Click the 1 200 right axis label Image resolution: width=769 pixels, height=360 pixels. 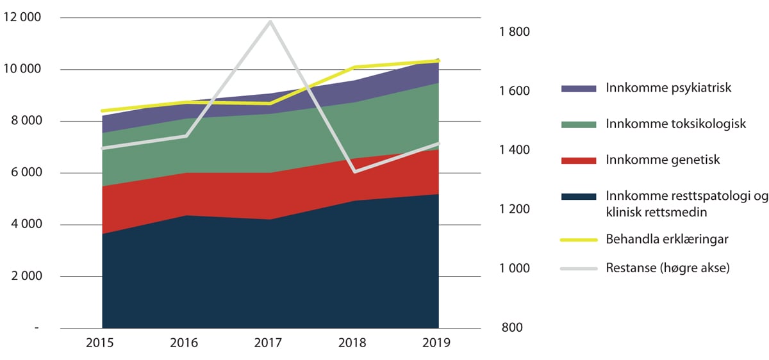click(x=515, y=209)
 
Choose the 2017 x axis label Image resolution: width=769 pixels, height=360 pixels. click(x=269, y=343)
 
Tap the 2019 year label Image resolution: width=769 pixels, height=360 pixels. click(x=438, y=343)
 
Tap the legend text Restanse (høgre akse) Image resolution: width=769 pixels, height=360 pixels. click(x=668, y=268)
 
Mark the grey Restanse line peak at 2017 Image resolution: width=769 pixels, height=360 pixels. click(x=270, y=22)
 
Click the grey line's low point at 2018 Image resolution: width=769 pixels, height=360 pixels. click(x=354, y=172)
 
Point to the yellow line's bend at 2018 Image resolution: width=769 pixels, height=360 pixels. click(x=354, y=67)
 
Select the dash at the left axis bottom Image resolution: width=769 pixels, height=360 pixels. click(x=37, y=328)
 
